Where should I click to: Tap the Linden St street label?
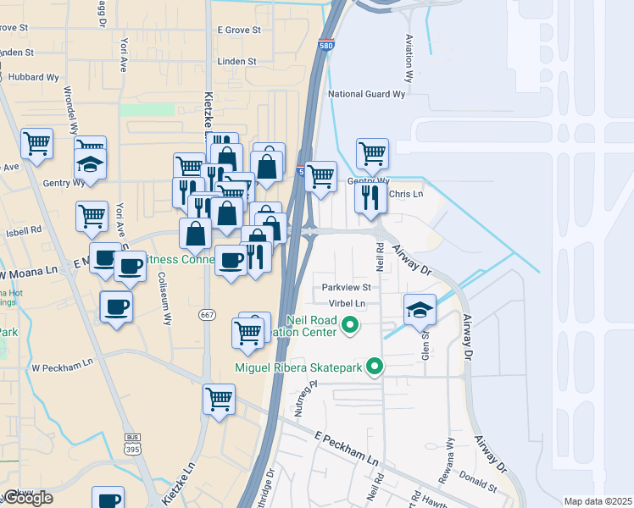click(x=236, y=62)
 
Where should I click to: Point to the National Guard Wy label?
click(x=367, y=94)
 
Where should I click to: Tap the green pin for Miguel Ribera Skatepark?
click(x=375, y=367)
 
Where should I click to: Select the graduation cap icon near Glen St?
click(x=420, y=309)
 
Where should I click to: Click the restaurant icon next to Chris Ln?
click(x=371, y=197)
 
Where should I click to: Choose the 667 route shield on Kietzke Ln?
click(x=208, y=315)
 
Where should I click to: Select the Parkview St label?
click(x=346, y=288)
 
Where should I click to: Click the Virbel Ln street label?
click(x=348, y=303)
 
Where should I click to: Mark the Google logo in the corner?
click(x=28, y=498)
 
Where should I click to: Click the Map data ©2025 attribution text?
click(x=598, y=501)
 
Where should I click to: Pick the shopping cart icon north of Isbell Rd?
click(x=92, y=215)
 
